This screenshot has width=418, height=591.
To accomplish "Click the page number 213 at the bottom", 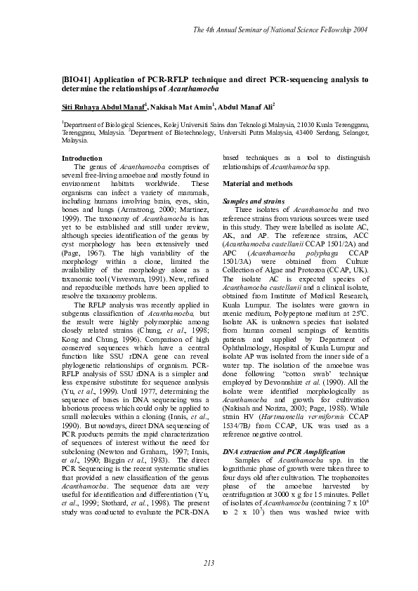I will click(x=209, y=564).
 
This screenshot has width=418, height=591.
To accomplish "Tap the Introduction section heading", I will click(x=82, y=159).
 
